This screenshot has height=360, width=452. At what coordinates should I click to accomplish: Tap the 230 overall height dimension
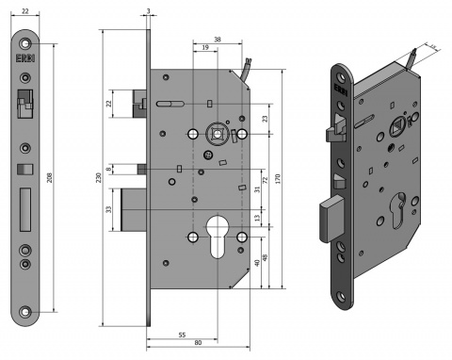pos(98,178)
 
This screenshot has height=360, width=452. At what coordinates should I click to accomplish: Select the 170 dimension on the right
pos(280,179)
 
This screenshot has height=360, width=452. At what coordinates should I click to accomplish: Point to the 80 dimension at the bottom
pos(198,343)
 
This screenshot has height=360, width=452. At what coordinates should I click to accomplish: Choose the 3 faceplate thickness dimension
pos(149,11)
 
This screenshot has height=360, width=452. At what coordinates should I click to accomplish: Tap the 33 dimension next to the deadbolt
pos(110,210)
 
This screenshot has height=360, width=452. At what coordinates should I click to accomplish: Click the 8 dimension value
pos(110,169)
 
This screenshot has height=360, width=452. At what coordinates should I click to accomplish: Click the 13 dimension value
pos(258,219)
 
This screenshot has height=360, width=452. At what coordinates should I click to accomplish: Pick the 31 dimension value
pos(257,188)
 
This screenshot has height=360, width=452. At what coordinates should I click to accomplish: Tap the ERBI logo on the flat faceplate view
pos(25,55)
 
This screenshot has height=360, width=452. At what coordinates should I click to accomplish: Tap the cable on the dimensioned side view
pos(244,71)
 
